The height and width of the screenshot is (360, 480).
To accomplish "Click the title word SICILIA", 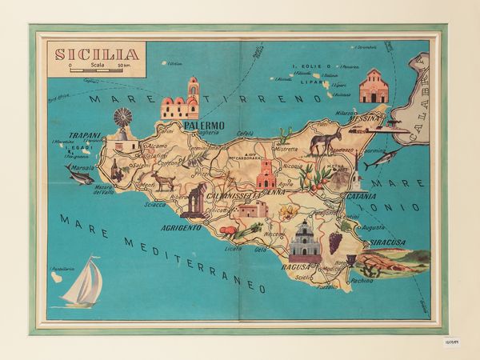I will (95, 55).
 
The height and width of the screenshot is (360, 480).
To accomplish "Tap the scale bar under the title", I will (97, 72).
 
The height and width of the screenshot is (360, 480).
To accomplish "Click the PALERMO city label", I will (203, 126).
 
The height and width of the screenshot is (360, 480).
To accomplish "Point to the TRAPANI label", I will (84, 135).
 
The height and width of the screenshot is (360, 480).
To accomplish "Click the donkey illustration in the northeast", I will (320, 144).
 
